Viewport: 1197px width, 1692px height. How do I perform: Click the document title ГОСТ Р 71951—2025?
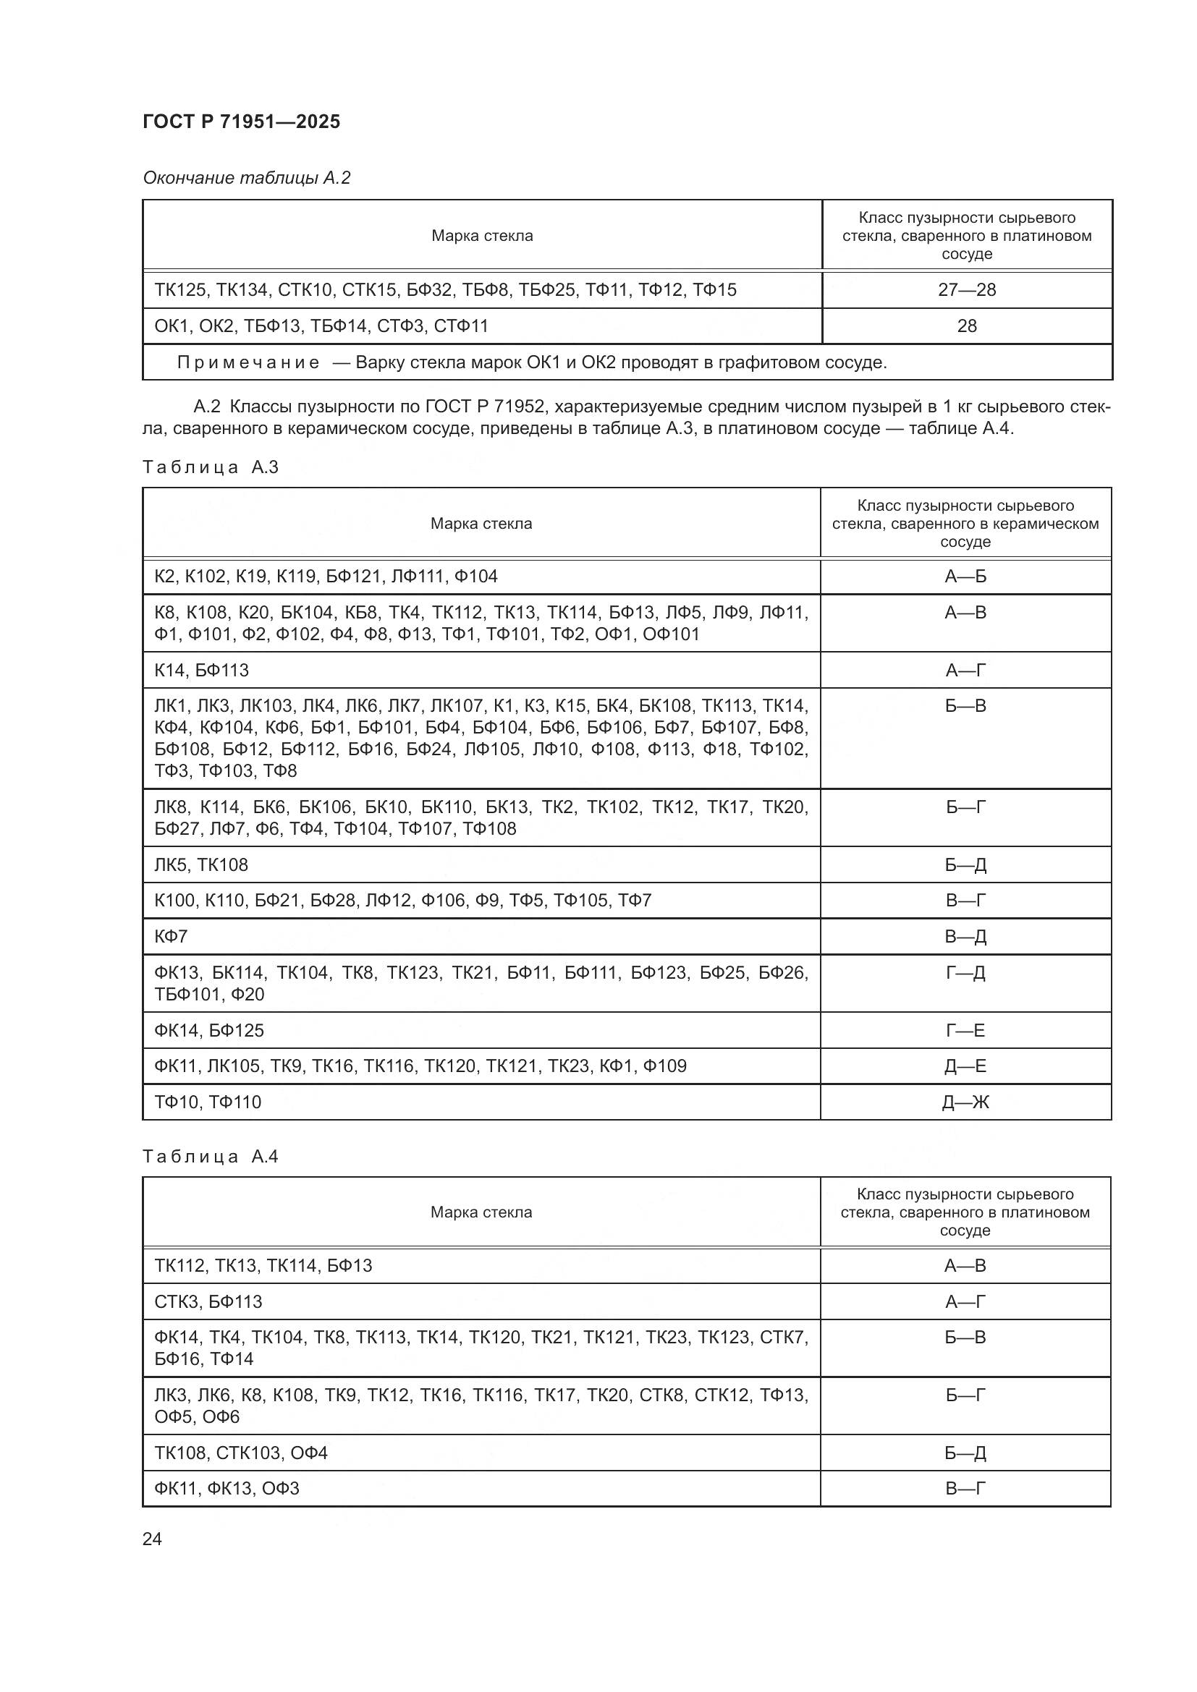click(241, 122)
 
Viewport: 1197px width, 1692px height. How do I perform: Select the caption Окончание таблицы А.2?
click(246, 178)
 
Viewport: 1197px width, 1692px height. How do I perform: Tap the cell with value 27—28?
click(966, 289)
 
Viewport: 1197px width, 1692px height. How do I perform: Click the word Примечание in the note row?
click(248, 362)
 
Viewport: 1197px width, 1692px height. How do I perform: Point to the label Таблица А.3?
click(210, 467)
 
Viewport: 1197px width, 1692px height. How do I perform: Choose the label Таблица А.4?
click(210, 1156)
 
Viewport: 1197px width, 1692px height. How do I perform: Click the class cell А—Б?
click(965, 577)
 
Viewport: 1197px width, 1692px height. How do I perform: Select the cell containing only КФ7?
click(171, 936)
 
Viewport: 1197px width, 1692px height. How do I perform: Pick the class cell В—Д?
click(965, 936)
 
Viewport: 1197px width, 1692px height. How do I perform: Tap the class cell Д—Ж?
click(965, 1102)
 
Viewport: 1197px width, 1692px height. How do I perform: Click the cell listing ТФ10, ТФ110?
click(208, 1102)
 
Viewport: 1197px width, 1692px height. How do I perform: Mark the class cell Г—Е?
click(965, 1030)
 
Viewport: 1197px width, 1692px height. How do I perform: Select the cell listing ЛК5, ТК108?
click(201, 864)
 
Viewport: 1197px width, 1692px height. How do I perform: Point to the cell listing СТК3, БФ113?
click(208, 1301)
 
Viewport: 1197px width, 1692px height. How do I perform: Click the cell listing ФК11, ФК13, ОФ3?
click(227, 1488)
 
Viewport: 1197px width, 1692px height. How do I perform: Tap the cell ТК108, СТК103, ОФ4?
click(241, 1453)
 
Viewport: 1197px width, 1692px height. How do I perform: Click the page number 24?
click(152, 1539)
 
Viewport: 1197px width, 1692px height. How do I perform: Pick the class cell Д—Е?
click(965, 1066)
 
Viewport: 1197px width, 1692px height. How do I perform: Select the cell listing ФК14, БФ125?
click(209, 1030)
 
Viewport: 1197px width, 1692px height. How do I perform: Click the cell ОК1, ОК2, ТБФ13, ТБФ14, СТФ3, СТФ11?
click(321, 326)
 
